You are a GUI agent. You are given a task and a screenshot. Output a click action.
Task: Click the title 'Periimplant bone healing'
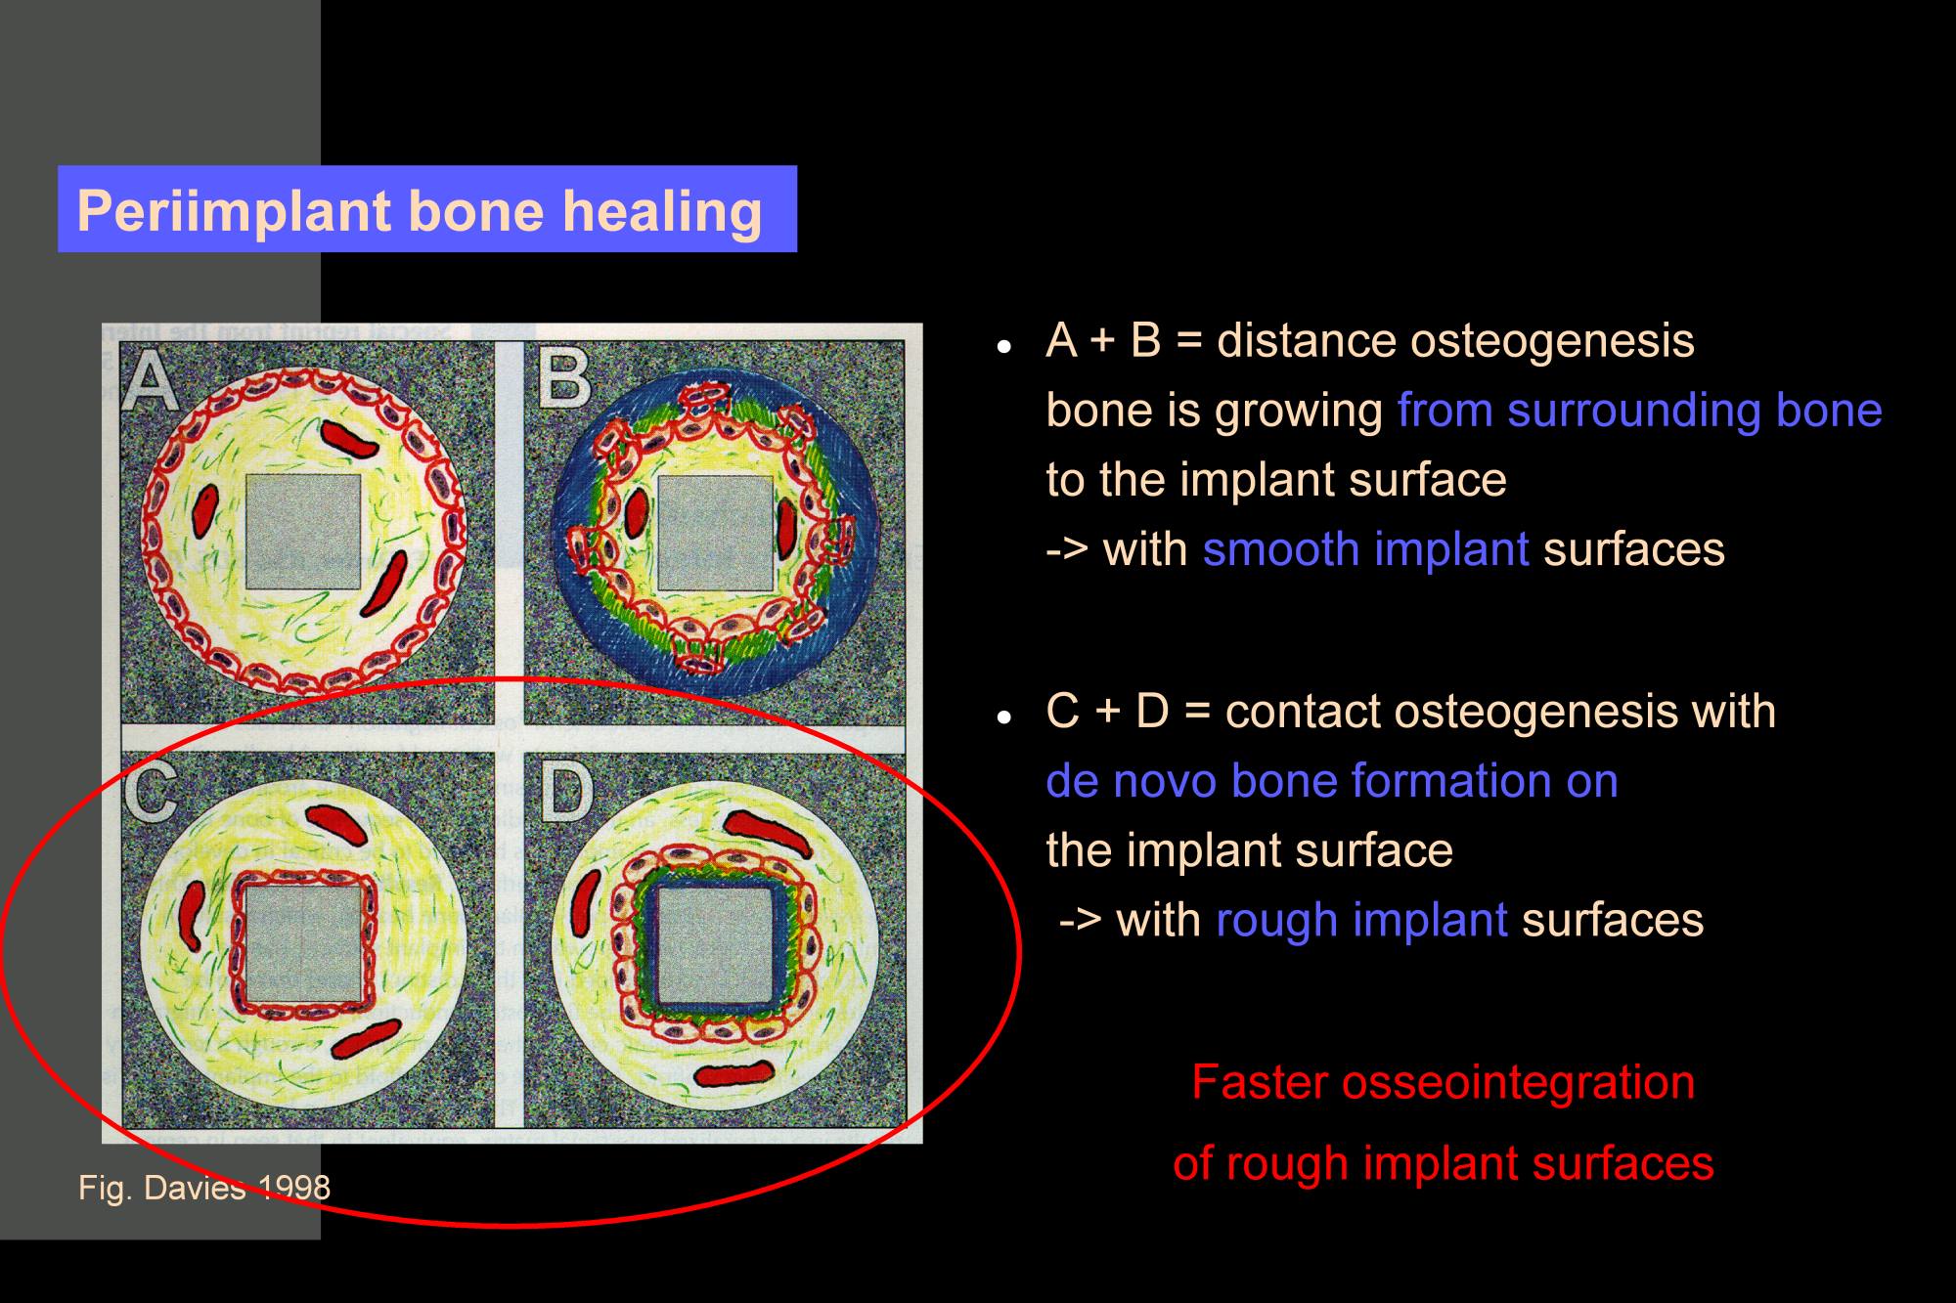tap(419, 211)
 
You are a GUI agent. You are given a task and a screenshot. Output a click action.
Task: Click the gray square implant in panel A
tap(303, 532)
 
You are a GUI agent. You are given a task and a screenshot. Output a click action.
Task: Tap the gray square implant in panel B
tap(716, 533)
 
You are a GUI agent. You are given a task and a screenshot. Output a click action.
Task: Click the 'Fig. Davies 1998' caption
tap(204, 1188)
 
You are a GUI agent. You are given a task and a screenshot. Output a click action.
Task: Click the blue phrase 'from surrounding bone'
tap(1639, 411)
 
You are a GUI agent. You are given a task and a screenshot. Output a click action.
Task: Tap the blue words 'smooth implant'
tap(1365, 549)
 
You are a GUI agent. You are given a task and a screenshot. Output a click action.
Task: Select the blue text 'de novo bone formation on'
tap(1332, 781)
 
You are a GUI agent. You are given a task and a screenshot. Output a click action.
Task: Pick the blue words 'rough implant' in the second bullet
tap(1361, 920)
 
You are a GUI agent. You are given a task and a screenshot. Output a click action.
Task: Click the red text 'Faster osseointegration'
tap(1444, 1083)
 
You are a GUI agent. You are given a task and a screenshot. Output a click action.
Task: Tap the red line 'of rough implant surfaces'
tap(1444, 1163)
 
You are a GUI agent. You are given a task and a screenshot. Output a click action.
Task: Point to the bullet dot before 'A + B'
tap(1002, 347)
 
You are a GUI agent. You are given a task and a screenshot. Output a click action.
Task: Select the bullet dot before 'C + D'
tap(1002, 717)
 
